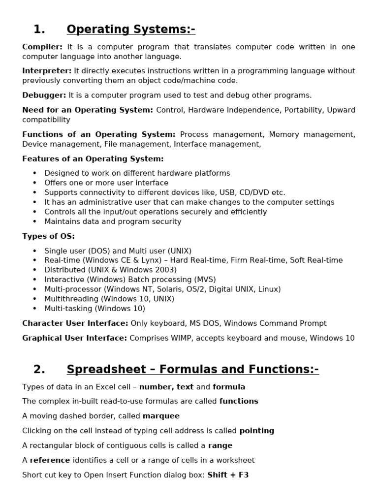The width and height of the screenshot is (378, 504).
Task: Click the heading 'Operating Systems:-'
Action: pyautogui.click(x=131, y=30)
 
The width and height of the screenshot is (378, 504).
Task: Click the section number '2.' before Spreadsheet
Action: pyautogui.click(x=39, y=369)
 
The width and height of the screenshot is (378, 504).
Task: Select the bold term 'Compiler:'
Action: pyautogui.click(x=42, y=47)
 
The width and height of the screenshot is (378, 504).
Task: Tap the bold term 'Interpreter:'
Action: pyautogui.click(x=47, y=71)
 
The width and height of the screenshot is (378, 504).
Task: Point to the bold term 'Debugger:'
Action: pyautogui.click(x=44, y=95)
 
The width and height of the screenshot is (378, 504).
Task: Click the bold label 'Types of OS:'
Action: pyautogui.click(x=48, y=236)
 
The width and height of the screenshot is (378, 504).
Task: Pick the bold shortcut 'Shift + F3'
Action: pyautogui.click(x=228, y=475)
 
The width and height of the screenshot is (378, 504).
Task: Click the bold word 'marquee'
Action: pyautogui.click(x=161, y=416)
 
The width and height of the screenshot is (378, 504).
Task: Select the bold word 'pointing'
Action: pyautogui.click(x=256, y=431)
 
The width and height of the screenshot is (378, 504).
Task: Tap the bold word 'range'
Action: pyautogui.click(x=220, y=445)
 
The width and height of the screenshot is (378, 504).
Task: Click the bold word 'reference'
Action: pyautogui.click(x=50, y=460)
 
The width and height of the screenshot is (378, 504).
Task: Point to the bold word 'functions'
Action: pyautogui.click(x=239, y=401)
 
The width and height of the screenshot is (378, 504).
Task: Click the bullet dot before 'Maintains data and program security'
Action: pyautogui.click(x=34, y=221)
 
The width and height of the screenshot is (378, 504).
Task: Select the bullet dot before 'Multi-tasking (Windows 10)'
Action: pyautogui.click(x=34, y=309)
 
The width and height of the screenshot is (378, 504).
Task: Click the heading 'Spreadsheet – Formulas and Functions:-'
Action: pyautogui.click(x=192, y=369)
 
